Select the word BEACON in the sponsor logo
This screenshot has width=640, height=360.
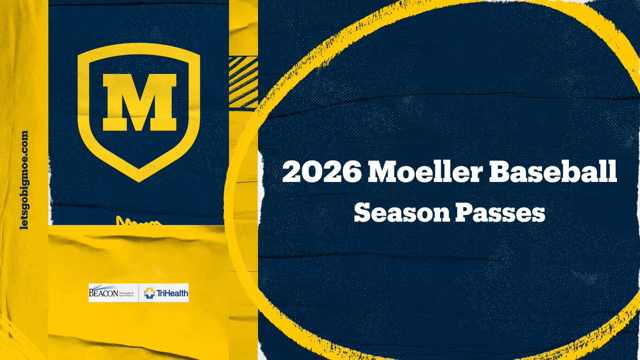coord(101,293)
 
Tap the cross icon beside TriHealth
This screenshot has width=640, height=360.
coord(149,293)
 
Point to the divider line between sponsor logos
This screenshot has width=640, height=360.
coord(139,293)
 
